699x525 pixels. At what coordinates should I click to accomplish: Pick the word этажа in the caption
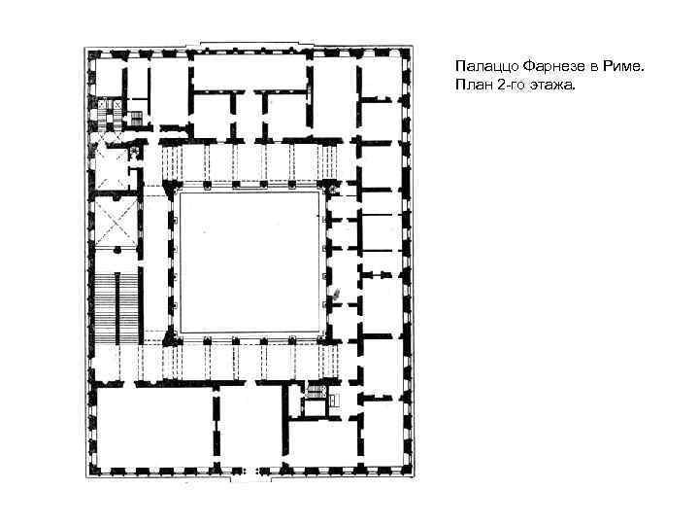click(551, 85)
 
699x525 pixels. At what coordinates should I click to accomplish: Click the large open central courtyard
click(249, 262)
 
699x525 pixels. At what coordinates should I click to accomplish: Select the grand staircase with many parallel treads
click(116, 309)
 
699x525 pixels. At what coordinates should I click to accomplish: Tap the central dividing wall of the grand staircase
click(117, 309)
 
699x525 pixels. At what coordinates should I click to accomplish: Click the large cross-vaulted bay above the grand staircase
click(116, 222)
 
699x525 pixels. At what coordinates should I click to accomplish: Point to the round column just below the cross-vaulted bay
click(117, 250)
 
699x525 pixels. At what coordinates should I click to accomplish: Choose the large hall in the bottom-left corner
click(154, 427)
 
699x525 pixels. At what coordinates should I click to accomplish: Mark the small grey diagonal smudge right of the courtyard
click(337, 293)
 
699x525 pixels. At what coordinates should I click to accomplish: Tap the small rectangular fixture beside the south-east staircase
click(334, 400)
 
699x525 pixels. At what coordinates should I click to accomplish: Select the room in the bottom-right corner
click(383, 433)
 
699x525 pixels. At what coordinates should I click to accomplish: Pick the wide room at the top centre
click(250, 71)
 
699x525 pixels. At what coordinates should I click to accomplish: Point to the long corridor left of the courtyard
click(155, 263)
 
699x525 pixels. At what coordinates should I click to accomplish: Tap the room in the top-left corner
click(110, 76)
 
